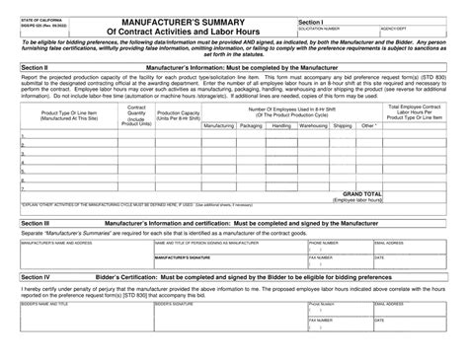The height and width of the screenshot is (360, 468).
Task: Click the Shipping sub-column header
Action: click(x=342, y=126)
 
